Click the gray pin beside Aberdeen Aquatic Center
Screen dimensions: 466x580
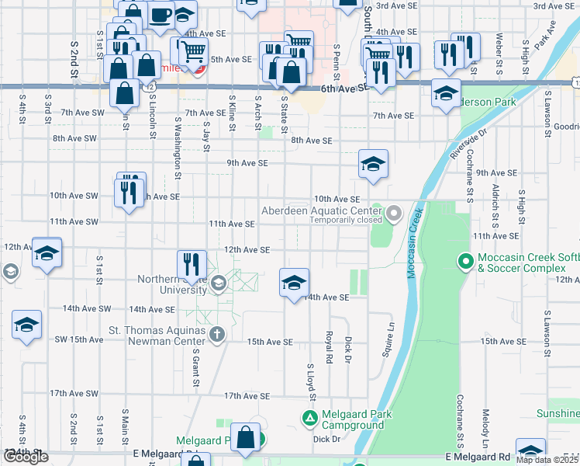[395, 212]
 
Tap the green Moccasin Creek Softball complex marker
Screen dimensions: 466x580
[465, 261]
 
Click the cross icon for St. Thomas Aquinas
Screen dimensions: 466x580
[218, 335]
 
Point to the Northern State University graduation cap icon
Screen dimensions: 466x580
[218, 284]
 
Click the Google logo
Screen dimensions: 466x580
[26, 457]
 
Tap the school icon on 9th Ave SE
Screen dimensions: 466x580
[373, 163]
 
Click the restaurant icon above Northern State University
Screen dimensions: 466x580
[191, 265]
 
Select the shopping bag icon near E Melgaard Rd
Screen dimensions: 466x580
[246, 437]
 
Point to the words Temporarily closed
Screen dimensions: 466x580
[347, 220]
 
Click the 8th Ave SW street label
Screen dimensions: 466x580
[74, 138]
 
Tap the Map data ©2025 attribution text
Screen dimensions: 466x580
[547, 460]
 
